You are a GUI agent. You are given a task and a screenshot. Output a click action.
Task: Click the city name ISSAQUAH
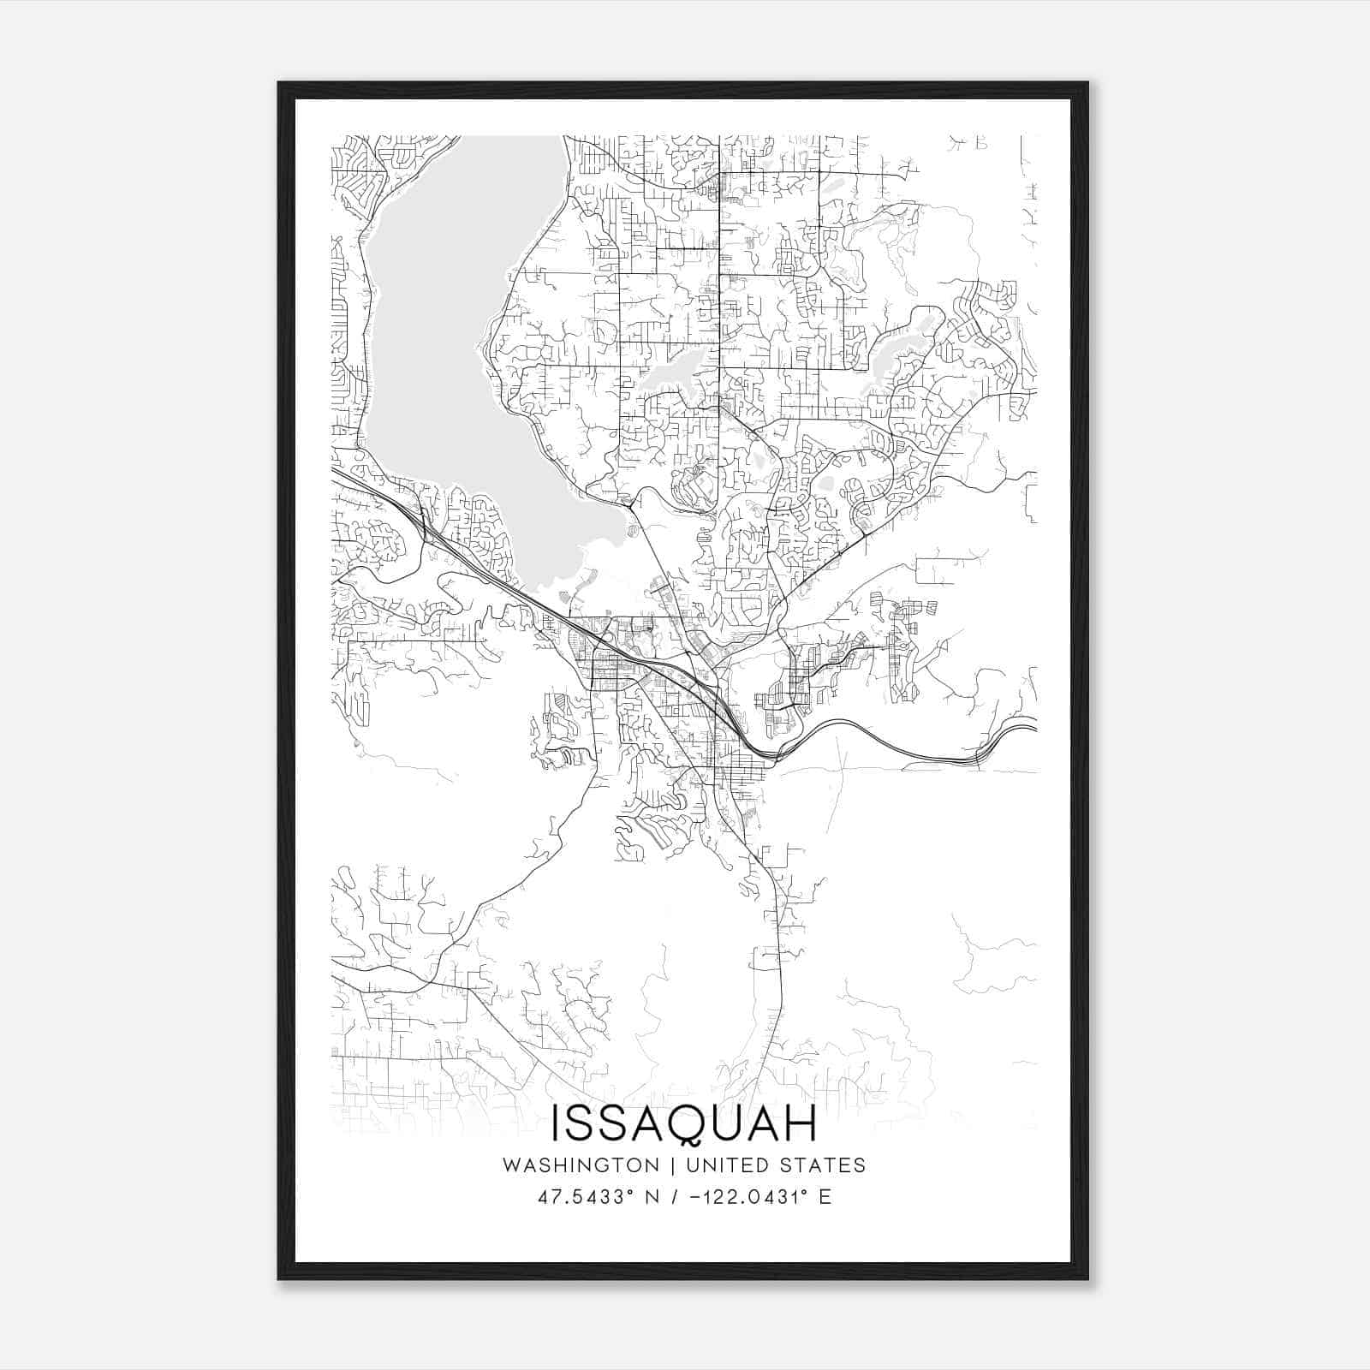point(684,1123)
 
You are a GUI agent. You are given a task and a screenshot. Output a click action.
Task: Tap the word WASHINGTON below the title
point(581,1165)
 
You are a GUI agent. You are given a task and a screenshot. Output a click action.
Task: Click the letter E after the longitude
point(825,1197)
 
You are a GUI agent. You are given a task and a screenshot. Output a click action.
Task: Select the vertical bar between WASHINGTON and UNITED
point(671,1165)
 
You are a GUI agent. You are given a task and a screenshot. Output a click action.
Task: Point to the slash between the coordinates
point(674,1197)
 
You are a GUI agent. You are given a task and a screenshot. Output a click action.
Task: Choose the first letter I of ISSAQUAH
point(557,1123)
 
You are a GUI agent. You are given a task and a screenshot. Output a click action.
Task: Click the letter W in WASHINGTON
point(512,1165)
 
